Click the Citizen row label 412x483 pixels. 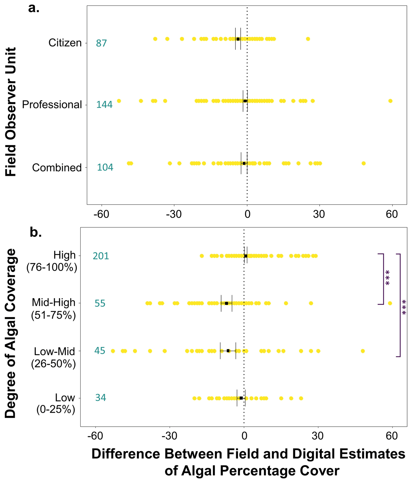coord(65,43)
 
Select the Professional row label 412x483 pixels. coord(52,105)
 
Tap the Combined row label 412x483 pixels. coord(57,168)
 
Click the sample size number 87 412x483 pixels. coord(101,44)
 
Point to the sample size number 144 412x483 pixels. coord(104,105)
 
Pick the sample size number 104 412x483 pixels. coord(105,168)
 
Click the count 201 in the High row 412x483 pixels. coord(101,256)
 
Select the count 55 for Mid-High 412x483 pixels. coord(100,304)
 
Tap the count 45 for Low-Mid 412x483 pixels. coord(100,351)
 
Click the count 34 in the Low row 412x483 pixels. coord(100,398)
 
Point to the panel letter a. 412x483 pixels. coord(34,8)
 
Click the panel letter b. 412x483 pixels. coord(36,232)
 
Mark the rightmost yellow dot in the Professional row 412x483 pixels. coord(390,101)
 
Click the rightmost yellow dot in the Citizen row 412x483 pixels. coord(308,39)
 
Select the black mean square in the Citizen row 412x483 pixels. coord(238,39)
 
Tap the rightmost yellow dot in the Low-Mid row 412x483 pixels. coord(363,351)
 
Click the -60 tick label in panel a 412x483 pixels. coord(101,215)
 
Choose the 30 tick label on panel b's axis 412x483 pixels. coord(318,436)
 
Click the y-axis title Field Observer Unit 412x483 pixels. coord(11,112)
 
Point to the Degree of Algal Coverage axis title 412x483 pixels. coord(11,333)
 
